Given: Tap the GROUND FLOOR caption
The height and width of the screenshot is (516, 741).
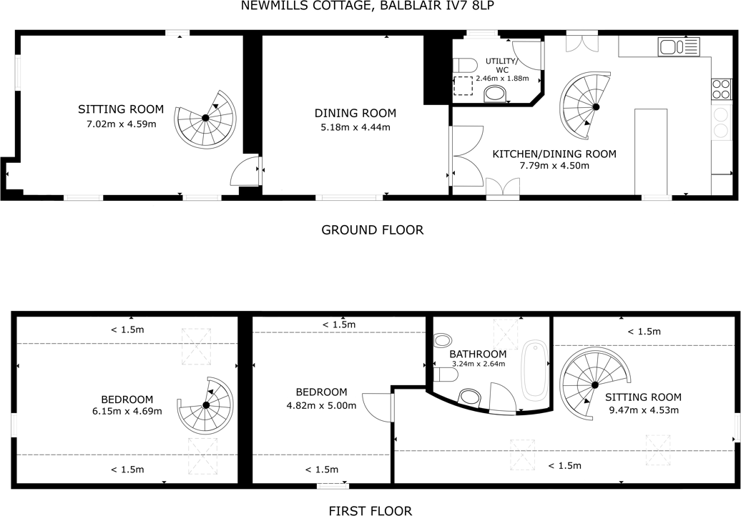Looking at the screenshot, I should [x=372, y=229].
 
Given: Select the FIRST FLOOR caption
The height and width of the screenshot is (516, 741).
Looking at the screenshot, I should [x=370, y=510].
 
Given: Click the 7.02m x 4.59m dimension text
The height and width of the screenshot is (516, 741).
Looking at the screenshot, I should [x=121, y=124].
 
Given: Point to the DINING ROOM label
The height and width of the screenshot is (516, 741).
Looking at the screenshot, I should [x=355, y=113].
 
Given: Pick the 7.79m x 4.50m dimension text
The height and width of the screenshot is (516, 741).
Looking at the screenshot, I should [x=554, y=166].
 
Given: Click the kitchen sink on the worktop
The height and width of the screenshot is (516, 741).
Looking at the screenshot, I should [x=679, y=47].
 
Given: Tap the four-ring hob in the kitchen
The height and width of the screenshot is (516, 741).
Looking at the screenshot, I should [x=721, y=89].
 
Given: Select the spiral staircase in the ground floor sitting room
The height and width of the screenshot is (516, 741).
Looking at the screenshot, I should [x=205, y=118].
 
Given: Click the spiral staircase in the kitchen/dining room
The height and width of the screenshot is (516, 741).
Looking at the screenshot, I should [x=587, y=106].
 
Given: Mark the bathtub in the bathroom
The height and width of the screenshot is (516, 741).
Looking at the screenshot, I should [x=534, y=371].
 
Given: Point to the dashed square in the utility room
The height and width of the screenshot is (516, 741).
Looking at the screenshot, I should [x=463, y=86].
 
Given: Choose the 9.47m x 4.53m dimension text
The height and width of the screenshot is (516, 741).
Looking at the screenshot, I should [x=643, y=410].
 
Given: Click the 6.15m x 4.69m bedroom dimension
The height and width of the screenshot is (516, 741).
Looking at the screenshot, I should [x=127, y=411].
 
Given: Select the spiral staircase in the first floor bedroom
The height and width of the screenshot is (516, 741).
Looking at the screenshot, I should [x=206, y=405].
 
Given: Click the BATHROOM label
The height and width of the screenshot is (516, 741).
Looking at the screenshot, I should [x=478, y=354].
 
